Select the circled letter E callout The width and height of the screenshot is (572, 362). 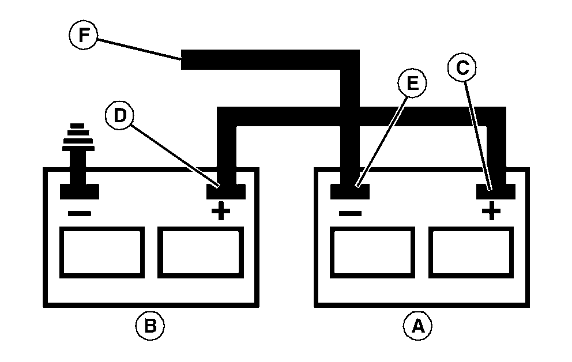coord(412,84)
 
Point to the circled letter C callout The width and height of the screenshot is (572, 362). coord(462,68)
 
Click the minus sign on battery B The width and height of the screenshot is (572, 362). coord(79,213)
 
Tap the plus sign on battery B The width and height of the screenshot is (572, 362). coord(220,213)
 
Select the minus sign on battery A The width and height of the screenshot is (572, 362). coord(349,213)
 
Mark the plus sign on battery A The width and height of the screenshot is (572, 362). coord(491,213)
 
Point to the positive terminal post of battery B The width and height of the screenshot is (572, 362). coord(225,191)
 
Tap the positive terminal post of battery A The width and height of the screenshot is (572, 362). coord(495,191)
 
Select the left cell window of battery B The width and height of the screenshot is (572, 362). coord(101,252)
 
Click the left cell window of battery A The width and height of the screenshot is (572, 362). coord(372,252)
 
